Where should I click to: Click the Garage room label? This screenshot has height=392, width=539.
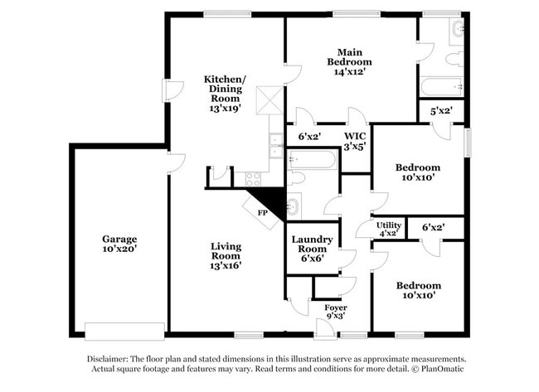click(x=119, y=239)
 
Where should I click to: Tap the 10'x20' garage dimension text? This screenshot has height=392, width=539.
click(x=119, y=249)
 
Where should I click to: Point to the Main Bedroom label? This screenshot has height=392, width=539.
click(x=349, y=56)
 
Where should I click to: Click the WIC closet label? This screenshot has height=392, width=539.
click(x=355, y=135)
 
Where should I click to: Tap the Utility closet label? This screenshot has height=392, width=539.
click(x=389, y=225)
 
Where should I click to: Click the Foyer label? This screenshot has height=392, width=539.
click(x=335, y=307)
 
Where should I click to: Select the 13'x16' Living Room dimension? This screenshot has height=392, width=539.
click(x=225, y=265)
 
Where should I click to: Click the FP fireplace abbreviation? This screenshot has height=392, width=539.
click(x=263, y=212)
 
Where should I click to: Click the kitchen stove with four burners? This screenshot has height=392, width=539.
click(x=253, y=177)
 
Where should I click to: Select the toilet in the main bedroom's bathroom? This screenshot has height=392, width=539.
click(x=454, y=59)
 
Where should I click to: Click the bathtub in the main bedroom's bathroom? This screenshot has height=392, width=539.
click(x=441, y=86)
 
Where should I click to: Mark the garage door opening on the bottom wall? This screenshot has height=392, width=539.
click(x=125, y=331)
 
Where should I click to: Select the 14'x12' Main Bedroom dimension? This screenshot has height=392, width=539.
click(x=349, y=72)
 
